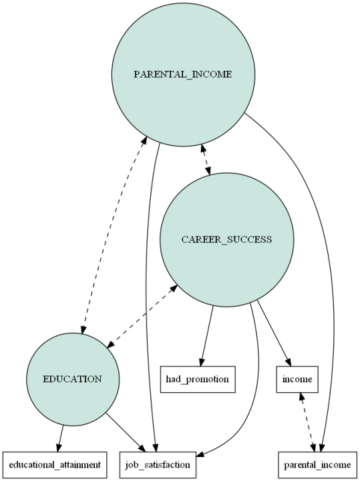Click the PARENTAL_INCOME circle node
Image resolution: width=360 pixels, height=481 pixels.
pyautogui.click(x=182, y=74)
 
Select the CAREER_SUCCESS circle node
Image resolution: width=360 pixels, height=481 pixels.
pyautogui.click(x=226, y=240)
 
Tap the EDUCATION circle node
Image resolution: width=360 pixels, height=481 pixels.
pyautogui.click(x=72, y=379)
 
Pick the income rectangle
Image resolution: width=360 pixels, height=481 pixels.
pyautogui.click(x=296, y=379)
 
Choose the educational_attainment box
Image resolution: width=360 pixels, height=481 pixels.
pyautogui.click(x=55, y=462)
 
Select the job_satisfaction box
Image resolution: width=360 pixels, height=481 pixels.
pyautogui.click(x=158, y=462)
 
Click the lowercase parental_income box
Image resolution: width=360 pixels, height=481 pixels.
pyautogui.click(x=318, y=462)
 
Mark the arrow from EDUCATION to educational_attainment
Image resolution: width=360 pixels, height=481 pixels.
pyautogui.click(x=61, y=438)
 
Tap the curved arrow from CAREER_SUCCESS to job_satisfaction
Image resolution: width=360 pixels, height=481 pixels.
pyautogui.click(x=257, y=374)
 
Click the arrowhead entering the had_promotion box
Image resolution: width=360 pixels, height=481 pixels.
pyautogui.click(x=201, y=361)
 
